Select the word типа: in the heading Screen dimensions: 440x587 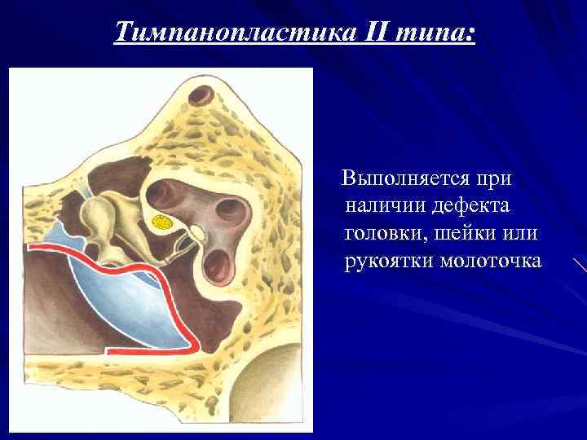pyautogui.click(x=436, y=33)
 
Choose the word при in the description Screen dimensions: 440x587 pyautogui.click(x=495, y=178)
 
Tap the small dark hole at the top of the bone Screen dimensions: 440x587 pyautogui.click(x=198, y=99)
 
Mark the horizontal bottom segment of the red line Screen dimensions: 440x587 pyautogui.click(x=150, y=351)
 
